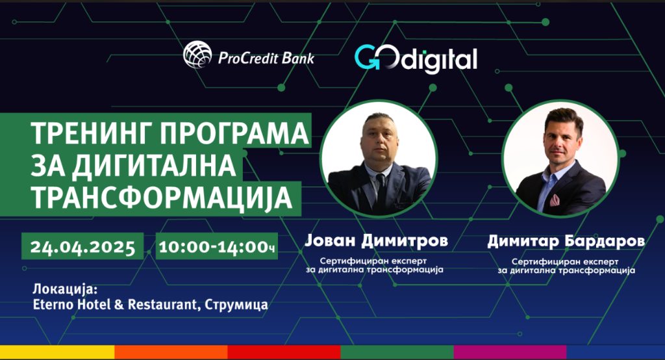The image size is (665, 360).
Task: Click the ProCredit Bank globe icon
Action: tap(197, 55)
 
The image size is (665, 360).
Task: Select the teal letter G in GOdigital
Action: tap(366, 57)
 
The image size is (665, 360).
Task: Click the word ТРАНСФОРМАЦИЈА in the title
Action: tap(162, 198)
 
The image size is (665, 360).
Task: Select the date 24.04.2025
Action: tap(82, 247)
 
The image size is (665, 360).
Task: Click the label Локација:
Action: tap(66, 289)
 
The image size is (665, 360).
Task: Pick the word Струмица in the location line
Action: tap(236, 305)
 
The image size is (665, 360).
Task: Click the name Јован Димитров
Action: tap(376, 241)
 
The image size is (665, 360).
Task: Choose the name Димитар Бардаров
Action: tap(566, 241)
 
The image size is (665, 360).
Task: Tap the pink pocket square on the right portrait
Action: tap(555, 199)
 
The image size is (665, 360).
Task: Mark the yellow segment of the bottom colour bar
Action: tap(57, 352)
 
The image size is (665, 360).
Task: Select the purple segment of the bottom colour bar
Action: tap(510, 352)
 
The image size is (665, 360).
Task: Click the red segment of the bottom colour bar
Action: tap(284, 352)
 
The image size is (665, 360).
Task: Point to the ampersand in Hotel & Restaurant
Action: tap(119, 304)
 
